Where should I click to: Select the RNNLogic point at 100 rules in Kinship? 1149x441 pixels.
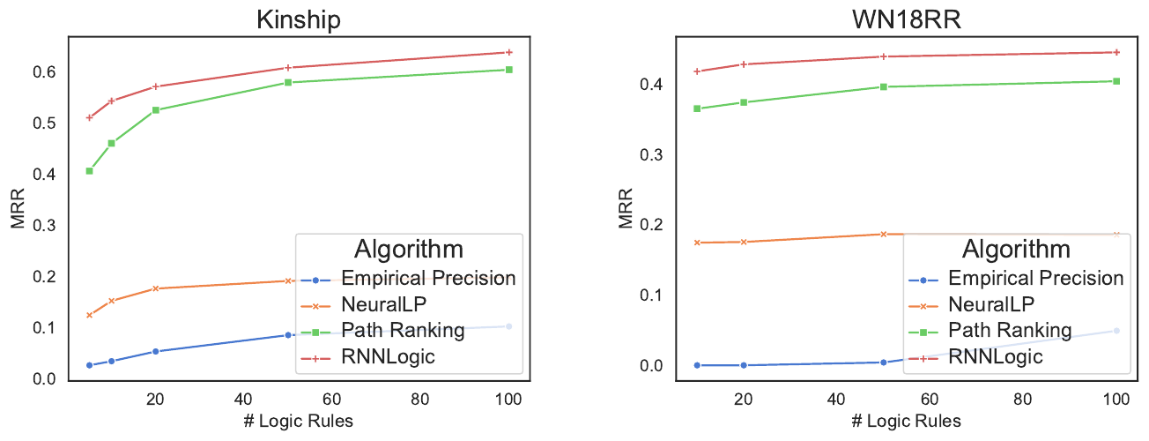pos(509,52)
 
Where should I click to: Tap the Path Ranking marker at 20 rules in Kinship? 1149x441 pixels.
pos(156,110)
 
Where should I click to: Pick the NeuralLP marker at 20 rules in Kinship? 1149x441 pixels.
pos(156,288)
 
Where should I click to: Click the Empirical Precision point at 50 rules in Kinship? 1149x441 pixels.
pos(288,335)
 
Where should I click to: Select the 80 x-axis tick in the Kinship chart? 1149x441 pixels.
pos(421,399)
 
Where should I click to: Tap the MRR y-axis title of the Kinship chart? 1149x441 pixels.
pos(19,209)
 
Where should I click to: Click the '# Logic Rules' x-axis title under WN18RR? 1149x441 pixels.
pos(906,420)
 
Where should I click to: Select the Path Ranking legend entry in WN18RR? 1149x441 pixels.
pos(1010,331)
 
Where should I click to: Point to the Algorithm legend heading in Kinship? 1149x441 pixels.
pos(409,247)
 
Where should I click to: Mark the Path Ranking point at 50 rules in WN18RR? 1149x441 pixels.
pos(884,86)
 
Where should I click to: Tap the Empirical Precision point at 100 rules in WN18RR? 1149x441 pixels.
pos(1116,331)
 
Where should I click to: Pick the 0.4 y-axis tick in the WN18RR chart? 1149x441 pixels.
pos(654,85)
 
